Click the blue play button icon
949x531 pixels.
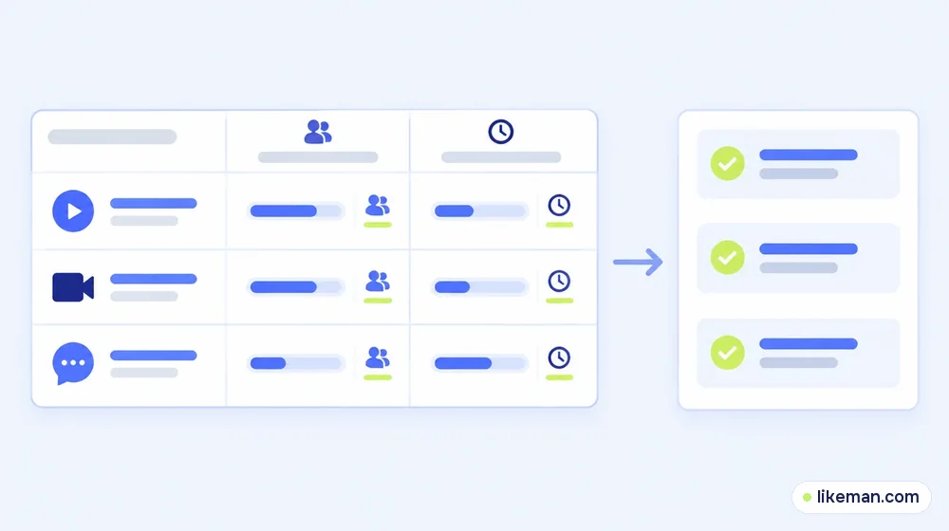73,211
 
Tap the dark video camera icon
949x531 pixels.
73,286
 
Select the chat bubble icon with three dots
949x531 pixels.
73,363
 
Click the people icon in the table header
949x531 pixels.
318,131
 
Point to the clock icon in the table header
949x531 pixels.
500,131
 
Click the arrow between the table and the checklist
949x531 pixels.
638,262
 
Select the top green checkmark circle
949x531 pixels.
728,163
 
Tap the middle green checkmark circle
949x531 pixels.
728,258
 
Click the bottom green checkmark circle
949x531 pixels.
728,352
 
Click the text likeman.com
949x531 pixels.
868,497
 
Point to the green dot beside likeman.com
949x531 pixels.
807,497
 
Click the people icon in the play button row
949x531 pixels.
377,205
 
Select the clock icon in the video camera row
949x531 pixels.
559,282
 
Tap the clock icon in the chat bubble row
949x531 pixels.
559,357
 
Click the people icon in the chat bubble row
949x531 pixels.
377,357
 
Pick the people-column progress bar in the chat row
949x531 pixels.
296,363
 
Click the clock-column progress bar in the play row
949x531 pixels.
479,211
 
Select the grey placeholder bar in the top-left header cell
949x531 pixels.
113,137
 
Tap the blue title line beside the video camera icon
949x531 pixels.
154,279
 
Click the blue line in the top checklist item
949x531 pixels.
809,155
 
